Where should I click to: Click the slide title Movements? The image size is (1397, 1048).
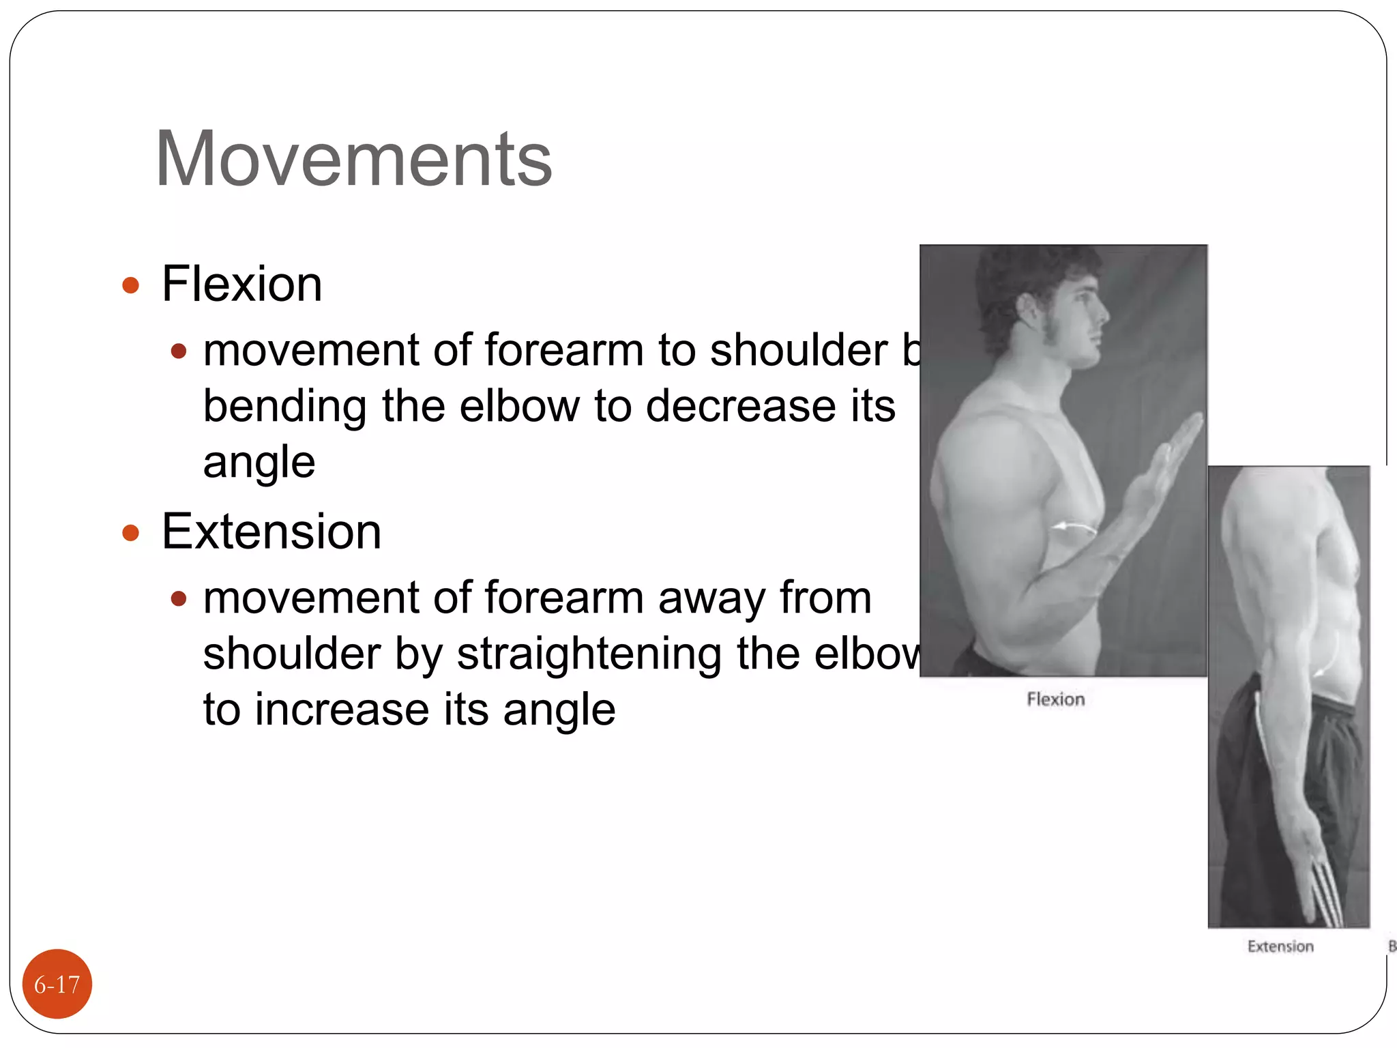[x=353, y=159]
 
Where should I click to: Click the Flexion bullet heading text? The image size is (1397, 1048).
[x=241, y=284]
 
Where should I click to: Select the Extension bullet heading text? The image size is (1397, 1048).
[x=271, y=532]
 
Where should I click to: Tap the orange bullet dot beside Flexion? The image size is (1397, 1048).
[x=130, y=285]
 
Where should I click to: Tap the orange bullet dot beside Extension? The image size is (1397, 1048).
[x=130, y=532]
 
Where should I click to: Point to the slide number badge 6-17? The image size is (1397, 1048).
[x=57, y=984]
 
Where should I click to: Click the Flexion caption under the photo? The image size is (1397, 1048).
[x=1055, y=699]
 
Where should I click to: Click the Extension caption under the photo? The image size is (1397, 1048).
[x=1280, y=946]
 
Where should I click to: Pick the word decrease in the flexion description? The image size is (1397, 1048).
[x=741, y=407]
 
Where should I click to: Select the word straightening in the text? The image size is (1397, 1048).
[x=589, y=654]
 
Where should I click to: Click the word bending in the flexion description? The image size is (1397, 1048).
[x=285, y=407]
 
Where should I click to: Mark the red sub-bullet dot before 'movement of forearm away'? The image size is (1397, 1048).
[x=179, y=598]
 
